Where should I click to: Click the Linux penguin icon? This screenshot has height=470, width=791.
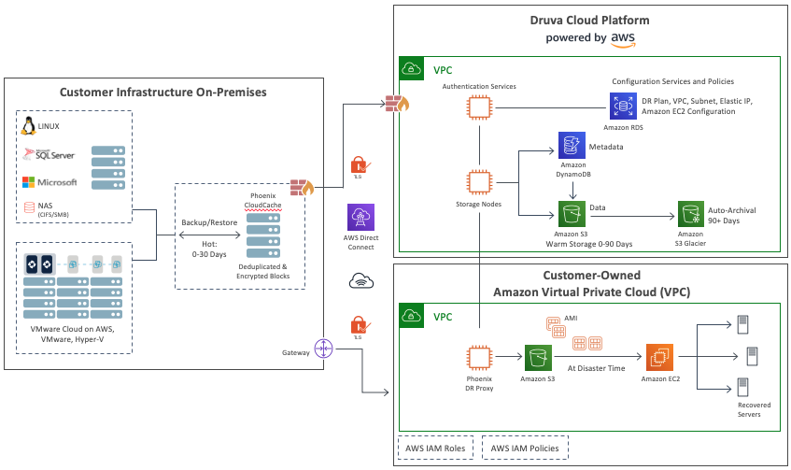(28, 126)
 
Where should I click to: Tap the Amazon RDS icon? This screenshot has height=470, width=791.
(622, 107)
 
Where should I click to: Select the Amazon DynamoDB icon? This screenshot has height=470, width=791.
(571, 146)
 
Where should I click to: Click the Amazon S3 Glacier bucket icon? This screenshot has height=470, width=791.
(690, 213)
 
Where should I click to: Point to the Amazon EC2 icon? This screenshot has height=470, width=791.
(658, 357)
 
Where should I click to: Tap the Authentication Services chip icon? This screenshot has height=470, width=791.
(479, 107)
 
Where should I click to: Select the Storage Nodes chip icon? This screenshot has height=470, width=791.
(479, 182)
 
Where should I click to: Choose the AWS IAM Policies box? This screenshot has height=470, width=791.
(525, 449)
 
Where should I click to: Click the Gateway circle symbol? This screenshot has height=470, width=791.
(324, 349)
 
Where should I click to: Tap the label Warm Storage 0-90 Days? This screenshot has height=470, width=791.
(590, 244)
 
